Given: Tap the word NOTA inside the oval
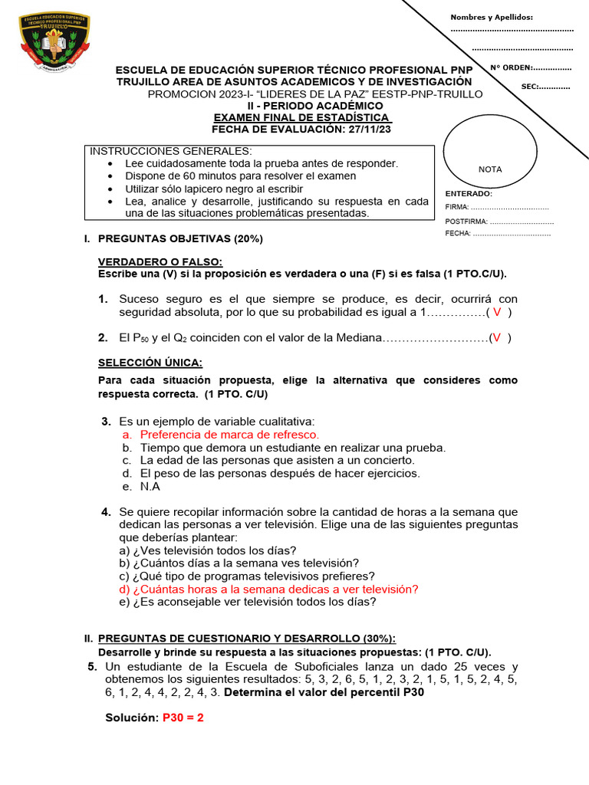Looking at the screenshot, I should pos(490,169).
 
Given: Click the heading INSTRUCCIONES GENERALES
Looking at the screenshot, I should pos(171,151).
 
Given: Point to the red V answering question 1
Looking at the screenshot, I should pos(498,312).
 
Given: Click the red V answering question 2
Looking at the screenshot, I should pos(499,337).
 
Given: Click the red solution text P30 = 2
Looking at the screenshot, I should pos(183,718).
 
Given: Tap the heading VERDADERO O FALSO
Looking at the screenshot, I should pos(160,262).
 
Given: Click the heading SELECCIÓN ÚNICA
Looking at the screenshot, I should pos(150,363).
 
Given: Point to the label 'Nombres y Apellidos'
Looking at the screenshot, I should pos(491,17).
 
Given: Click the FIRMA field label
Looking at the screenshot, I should pos(456,207).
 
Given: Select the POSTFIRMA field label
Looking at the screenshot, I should pos(466,221).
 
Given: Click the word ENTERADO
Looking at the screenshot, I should pos(469,194).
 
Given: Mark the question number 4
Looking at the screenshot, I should pos(106,511).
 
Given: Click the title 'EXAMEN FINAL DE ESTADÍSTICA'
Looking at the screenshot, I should pos(302,117).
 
